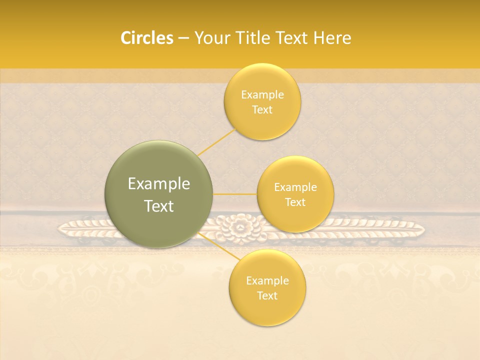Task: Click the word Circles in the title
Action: click(146, 38)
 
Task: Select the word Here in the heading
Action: click(332, 38)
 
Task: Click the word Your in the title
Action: click(211, 38)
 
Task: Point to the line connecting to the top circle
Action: click(216, 141)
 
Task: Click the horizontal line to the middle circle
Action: click(235, 194)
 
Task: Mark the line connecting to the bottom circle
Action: click(216, 246)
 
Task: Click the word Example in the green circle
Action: click(158, 184)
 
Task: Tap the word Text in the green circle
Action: click(158, 206)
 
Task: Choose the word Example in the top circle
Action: click(262, 94)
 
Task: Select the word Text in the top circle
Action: click(262, 109)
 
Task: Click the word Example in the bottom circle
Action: click(267, 280)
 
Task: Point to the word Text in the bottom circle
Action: click(267, 295)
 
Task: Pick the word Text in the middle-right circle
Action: click(295, 202)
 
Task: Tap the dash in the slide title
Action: click(183, 38)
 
